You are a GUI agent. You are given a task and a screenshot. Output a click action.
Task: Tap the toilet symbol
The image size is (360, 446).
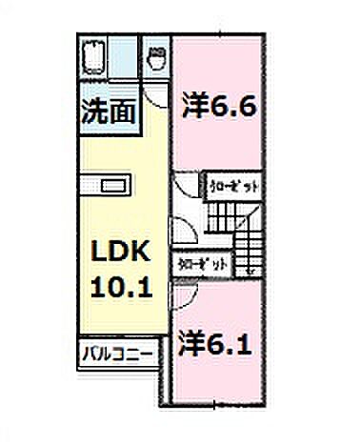click(x=156, y=60)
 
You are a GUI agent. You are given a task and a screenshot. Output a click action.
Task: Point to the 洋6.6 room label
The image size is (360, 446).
click(x=217, y=107)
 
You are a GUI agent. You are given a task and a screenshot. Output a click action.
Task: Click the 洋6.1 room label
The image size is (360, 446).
click(x=215, y=342)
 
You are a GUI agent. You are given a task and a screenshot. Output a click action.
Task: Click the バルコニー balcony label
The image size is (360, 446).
click(x=115, y=355)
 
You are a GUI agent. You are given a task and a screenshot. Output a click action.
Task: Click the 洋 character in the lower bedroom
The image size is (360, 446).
click(x=191, y=342)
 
